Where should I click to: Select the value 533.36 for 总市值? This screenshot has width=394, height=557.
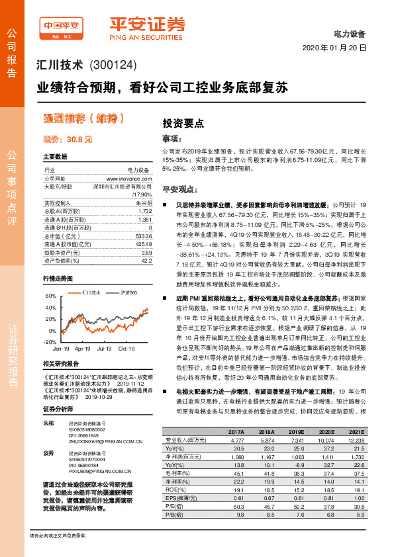coord(143,236)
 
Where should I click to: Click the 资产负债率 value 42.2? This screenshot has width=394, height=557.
coord(146,261)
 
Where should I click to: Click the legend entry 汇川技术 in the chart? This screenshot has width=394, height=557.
coord(72,292)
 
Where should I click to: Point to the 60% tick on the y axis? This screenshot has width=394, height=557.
coord(51,296)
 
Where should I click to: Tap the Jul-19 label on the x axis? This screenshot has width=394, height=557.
coord(105,348)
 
